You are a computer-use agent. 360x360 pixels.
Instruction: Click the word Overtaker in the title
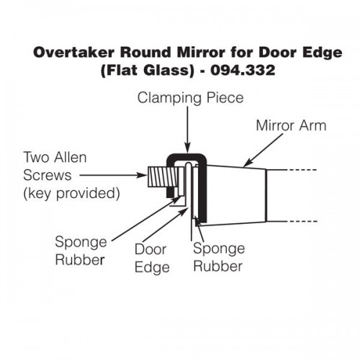coord(73,53)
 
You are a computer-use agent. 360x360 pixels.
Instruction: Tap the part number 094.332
coord(243,71)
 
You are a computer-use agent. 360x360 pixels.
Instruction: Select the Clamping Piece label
coord(191,99)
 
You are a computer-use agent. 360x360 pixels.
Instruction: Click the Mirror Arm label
coord(291,125)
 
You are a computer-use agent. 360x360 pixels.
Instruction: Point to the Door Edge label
coord(152,258)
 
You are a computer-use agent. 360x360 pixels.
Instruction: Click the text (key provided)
coord(71,193)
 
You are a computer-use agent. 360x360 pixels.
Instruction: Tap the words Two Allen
coord(55,158)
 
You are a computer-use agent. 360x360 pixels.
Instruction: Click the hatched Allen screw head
coord(163,177)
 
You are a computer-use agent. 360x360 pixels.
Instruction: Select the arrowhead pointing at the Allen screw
coord(143,175)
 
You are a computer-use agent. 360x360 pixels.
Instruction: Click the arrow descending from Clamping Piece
coord(187,130)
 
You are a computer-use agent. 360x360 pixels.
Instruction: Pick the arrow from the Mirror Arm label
coord(264,150)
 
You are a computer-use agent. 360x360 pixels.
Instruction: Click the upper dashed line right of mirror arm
coord(303,170)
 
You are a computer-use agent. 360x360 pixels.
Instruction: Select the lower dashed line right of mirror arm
coord(303,221)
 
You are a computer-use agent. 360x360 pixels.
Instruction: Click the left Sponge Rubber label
coord(81,251)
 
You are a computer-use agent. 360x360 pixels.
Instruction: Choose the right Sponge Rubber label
coord(219,257)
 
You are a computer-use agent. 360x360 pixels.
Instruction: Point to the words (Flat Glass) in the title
coord(147,71)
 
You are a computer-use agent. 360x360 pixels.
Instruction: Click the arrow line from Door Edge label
coord(165,225)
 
